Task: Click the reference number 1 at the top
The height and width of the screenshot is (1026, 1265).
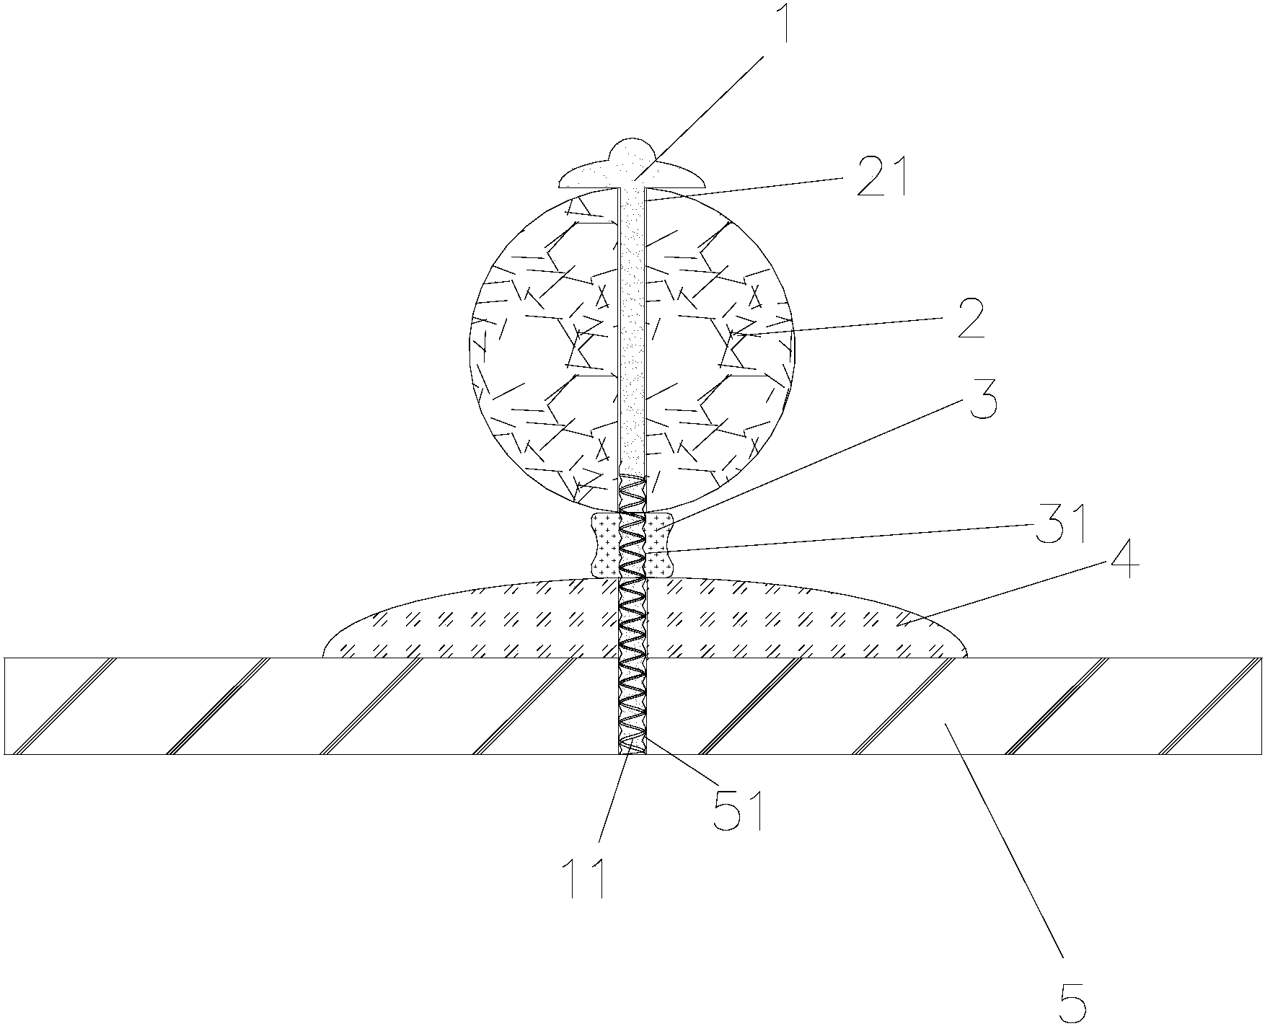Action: [x=783, y=31]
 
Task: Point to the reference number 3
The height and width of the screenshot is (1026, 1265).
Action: [x=982, y=404]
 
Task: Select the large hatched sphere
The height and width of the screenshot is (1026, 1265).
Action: [x=548, y=346]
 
